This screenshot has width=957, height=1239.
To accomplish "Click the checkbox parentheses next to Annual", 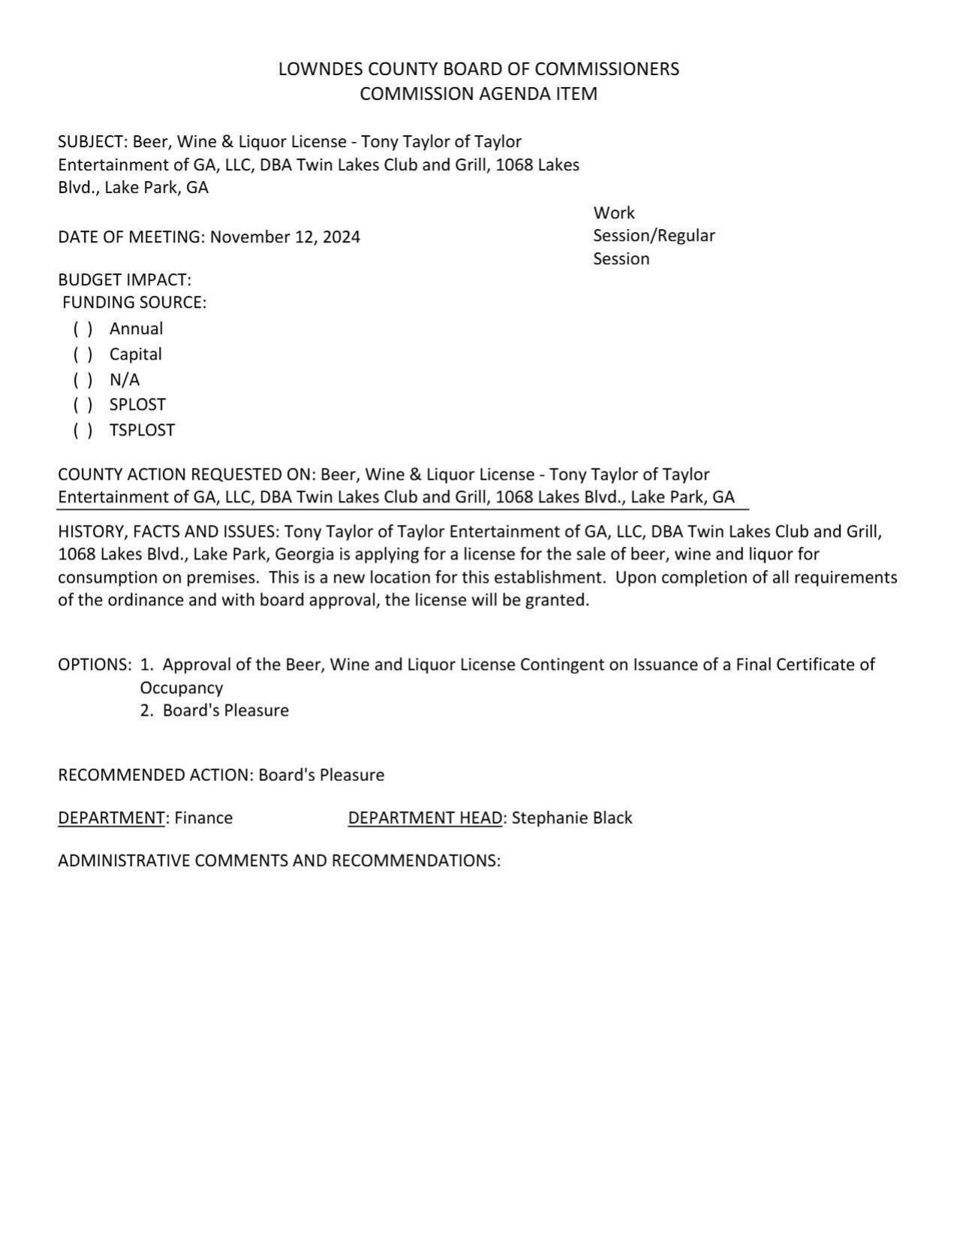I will pyautogui.click(x=83, y=329).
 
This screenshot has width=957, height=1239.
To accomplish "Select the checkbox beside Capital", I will pyautogui.click(x=83, y=354).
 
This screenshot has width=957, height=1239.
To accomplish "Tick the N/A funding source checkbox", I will pyautogui.click(x=83, y=380).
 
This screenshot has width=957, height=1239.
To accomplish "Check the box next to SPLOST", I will pyautogui.click(x=83, y=405).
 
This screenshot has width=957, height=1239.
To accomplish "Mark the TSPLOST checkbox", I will pyautogui.click(x=83, y=430).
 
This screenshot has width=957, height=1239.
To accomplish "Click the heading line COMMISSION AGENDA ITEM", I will pyautogui.click(x=478, y=94).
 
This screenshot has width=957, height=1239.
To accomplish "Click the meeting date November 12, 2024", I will pyautogui.click(x=284, y=237).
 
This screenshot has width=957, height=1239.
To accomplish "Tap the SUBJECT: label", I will pyautogui.click(x=91, y=142).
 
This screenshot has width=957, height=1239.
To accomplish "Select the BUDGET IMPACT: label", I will pyautogui.click(x=125, y=280).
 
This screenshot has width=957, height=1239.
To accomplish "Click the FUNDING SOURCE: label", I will pyautogui.click(x=134, y=303).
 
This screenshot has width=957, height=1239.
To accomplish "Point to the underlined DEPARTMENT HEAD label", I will pyautogui.click(x=425, y=818).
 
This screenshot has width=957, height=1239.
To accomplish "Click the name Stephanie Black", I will pyautogui.click(x=572, y=818).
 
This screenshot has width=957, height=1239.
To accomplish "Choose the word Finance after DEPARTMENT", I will pyautogui.click(x=203, y=818).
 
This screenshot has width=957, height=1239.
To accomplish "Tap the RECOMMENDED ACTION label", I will pyautogui.click(x=155, y=775).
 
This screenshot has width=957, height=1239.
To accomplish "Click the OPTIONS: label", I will pyautogui.click(x=95, y=665).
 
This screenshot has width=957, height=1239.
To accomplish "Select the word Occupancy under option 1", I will pyautogui.click(x=181, y=688).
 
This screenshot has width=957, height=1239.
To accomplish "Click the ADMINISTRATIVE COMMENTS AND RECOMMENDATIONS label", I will pyautogui.click(x=278, y=861).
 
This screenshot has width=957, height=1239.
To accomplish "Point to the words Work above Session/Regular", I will pyautogui.click(x=613, y=213).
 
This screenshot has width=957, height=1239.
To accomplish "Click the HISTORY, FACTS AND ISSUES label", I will pyautogui.click(x=169, y=532).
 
